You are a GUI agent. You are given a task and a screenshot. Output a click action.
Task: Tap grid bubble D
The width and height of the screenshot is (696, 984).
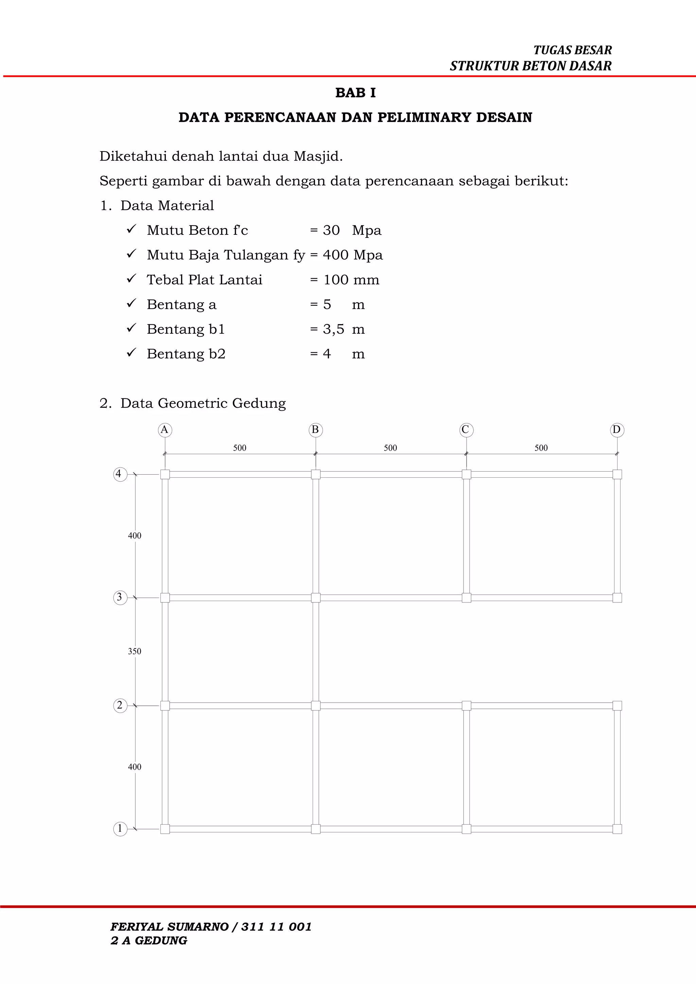pyautogui.click(x=617, y=430)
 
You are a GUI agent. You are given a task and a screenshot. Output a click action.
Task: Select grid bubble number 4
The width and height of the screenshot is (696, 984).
pyautogui.click(x=120, y=474)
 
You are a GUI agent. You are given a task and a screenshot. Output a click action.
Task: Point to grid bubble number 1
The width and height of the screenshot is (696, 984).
pyautogui.click(x=120, y=829)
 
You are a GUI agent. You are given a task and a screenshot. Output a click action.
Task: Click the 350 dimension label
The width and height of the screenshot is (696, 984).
pyautogui.click(x=135, y=651)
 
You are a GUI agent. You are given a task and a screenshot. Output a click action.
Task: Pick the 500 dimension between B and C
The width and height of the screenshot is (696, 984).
pyautogui.click(x=390, y=448)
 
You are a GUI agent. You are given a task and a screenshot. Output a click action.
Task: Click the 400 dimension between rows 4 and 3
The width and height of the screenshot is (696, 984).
pyautogui.click(x=135, y=536)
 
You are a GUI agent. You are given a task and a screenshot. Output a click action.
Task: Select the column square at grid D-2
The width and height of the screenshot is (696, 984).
pyautogui.click(x=617, y=705)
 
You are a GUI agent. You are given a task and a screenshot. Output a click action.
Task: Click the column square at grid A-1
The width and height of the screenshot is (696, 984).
pyautogui.click(x=165, y=829)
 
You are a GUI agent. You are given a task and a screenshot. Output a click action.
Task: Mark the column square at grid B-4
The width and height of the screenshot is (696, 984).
pyautogui.click(x=315, y=474)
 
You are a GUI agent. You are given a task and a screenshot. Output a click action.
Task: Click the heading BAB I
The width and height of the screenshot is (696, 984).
pyautogui.click(x=355, y=92)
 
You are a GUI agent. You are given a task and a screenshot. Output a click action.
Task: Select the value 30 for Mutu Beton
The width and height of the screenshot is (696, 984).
pyautogui.click(x=331, y=231)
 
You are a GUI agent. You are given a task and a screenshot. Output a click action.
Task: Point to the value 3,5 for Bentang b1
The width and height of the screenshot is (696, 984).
pyautogui.click(x=333, y=329)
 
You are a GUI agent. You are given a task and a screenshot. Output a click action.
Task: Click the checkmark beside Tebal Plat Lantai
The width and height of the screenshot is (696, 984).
pyautogui.click(x=131, y=279)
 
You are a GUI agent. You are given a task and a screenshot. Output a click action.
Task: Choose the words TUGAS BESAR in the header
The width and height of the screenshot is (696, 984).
pyautogui.click(x=573, y=50)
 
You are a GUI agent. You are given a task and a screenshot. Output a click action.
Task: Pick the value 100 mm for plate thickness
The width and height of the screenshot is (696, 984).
pyautogui.click(x=351, y=280)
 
